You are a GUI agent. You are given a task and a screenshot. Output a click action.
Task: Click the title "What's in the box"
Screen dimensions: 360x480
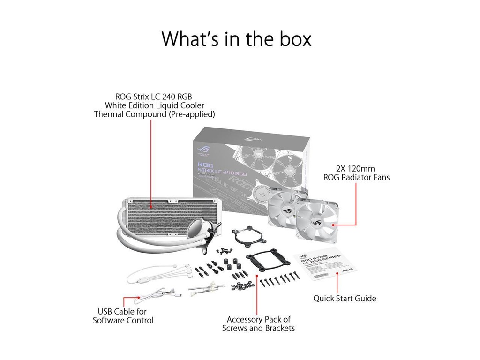(x=236, y=39)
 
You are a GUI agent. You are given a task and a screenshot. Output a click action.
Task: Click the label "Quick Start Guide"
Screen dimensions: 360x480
(x=345, y=298)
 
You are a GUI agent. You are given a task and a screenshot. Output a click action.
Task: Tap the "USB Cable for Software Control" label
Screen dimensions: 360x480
(x=123, y=316)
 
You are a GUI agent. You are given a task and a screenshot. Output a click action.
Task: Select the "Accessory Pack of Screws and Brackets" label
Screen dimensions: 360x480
(x=258, y=324)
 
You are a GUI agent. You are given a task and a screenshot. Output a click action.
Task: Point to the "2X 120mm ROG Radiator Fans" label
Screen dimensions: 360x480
(x=356, y=173)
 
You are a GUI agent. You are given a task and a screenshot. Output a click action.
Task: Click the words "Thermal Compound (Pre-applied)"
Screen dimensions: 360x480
(x=154, y=114)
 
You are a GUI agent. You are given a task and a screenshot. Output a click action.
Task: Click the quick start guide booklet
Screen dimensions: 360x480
(x=324, y=265)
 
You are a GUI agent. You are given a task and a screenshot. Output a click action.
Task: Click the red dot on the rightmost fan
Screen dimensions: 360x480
(x=334, y=225)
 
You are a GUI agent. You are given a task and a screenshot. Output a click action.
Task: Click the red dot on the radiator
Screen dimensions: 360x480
(x=151, y=206)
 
